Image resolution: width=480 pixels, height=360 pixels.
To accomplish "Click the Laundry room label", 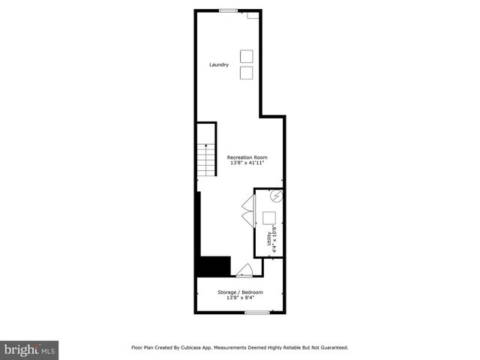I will pos(219,64).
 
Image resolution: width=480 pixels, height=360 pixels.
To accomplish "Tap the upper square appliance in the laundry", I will pos(246,56).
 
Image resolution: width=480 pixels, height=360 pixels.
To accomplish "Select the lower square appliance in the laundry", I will pos(246,72).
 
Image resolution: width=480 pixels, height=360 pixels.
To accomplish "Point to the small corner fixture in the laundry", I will pos(253,15).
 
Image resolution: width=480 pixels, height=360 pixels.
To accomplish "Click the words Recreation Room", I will pos(247,157).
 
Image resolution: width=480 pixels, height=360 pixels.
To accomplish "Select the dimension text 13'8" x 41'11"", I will pos(247,163).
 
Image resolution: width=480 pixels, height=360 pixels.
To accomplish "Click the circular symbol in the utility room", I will pos(276,197).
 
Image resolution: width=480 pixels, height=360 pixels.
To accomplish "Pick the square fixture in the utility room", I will pos(268,218).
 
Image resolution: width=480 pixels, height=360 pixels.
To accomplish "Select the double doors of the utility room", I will pos(248,211).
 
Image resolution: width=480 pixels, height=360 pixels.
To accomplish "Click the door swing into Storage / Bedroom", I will pos(244,271).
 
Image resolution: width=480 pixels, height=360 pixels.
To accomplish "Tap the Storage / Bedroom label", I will pos(240,292).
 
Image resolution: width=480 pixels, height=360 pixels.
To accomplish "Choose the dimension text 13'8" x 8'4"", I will pos(240,298).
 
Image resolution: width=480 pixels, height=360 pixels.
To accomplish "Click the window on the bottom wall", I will pos(256,312).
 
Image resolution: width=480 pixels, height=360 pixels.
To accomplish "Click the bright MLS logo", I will pos(29,349).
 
